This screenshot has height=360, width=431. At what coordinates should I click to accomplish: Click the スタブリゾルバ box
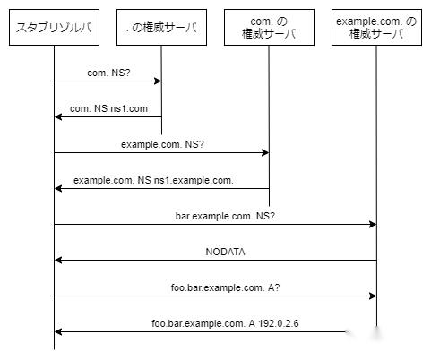click(54, 28)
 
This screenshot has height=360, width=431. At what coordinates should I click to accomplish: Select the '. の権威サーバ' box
click(161, 28)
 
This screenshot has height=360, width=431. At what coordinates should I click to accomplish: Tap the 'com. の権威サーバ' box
click(269, 28)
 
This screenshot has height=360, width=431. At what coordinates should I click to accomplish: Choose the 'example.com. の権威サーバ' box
click(376, 28)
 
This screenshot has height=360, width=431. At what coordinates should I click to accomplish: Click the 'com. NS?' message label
click(108, 72)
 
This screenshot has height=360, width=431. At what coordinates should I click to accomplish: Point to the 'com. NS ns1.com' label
click(108, 107)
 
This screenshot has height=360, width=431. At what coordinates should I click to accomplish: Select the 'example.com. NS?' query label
click(161, 143)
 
